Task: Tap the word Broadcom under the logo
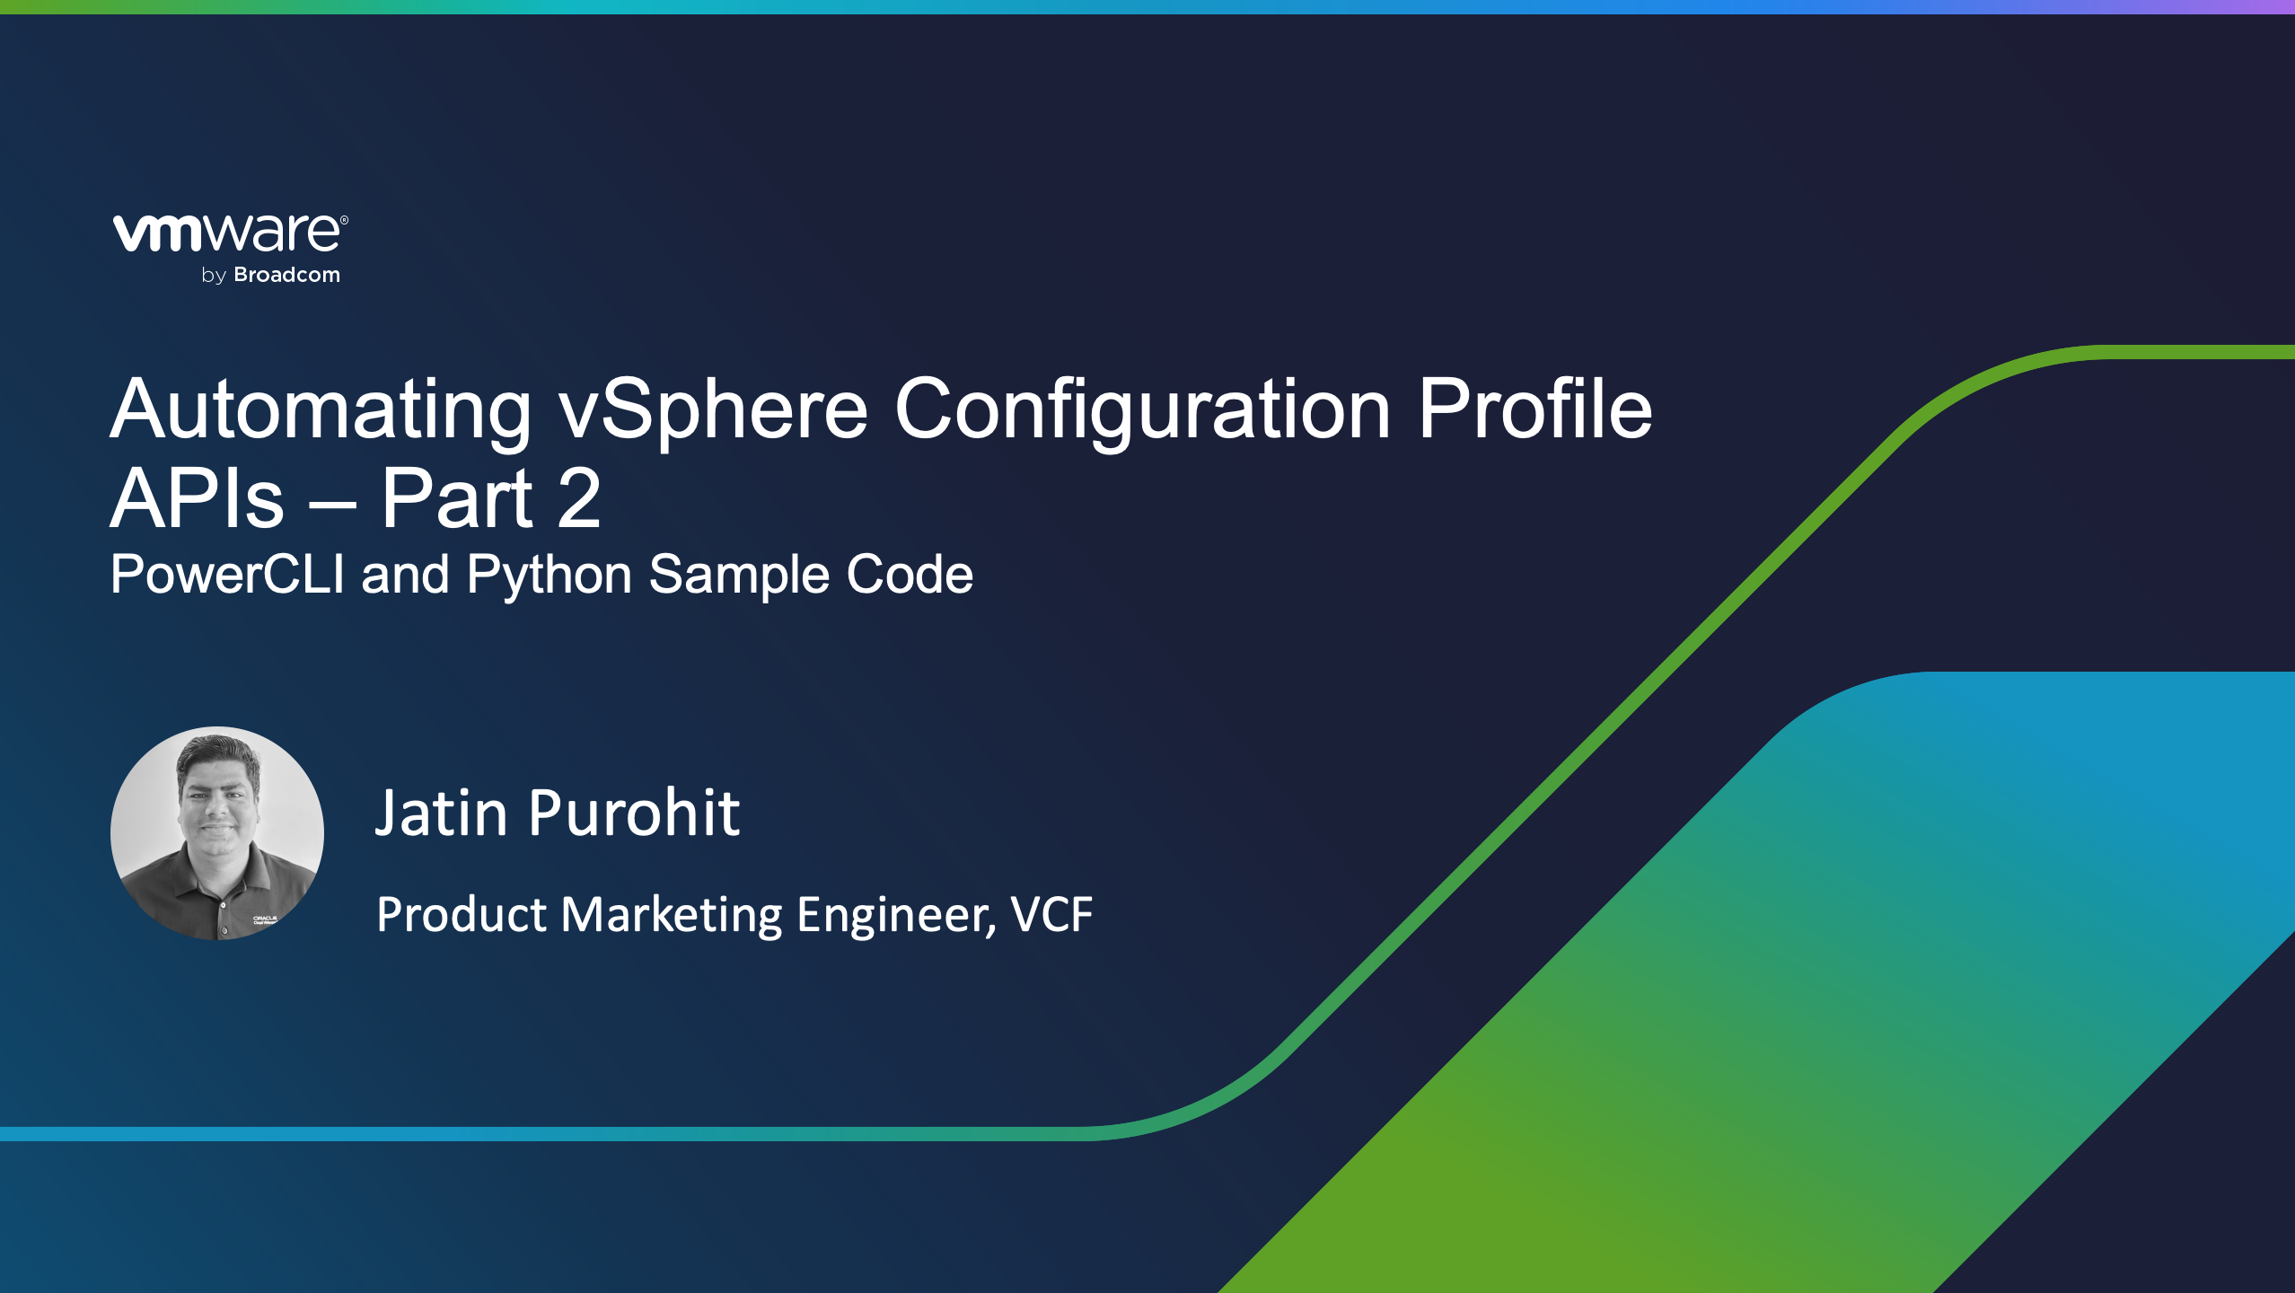point(286,275)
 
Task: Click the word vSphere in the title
point(713,409)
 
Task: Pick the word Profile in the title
point(1534,409)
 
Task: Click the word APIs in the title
point(197,499)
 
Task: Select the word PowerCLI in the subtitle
point(227,575)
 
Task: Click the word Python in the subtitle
point(550,575)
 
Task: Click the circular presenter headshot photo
point(216,832)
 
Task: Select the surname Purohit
point(634,814)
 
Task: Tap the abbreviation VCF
point(1051,915)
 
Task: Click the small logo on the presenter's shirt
point(265,919)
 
